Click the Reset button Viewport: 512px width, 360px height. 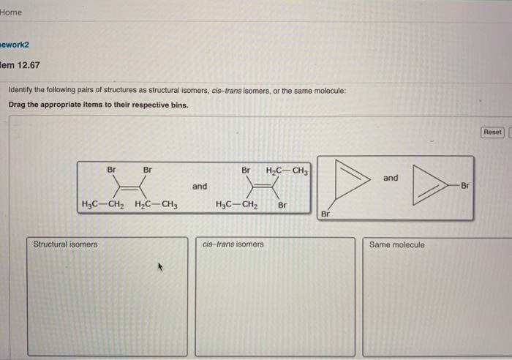492,132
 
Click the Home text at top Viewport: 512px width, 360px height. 12,12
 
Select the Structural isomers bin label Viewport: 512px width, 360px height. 65,244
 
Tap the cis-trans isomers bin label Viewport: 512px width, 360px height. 233,244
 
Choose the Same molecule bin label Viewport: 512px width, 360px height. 396,244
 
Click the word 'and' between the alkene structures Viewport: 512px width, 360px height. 200,187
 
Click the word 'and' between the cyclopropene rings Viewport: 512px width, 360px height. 391,178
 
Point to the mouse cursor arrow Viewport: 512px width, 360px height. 157,268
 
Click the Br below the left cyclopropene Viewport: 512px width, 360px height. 325,214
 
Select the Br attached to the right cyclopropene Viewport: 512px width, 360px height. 465,186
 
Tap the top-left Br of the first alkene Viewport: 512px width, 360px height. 112,170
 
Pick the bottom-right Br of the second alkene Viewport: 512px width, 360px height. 282,206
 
